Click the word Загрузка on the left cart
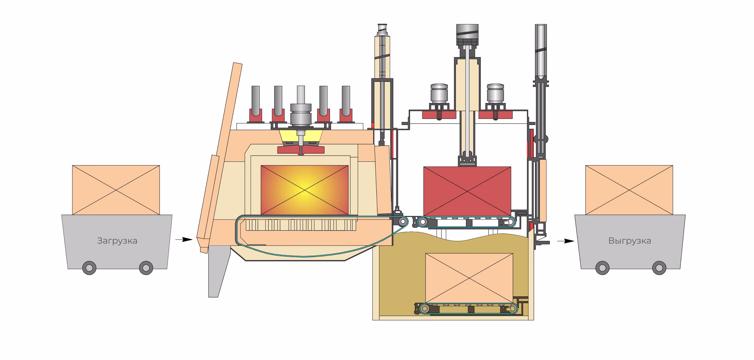click(117, 241)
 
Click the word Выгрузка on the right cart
click(629, 241)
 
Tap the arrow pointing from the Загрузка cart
click(184, 240)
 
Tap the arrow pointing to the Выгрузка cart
click(566, 241)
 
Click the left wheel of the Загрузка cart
click(89, 268)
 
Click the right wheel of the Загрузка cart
click(146, 268)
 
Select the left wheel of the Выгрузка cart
click(602, 268)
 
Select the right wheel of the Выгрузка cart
click(659, 268)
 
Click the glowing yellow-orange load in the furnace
click(305, 190)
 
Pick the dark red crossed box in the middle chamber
click(467, 192)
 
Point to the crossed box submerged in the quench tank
click(469, 278)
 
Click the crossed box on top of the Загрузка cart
click(116, 190)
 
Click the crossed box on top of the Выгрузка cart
click(629, 190)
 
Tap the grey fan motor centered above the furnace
click(301, 115)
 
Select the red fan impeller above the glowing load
click(301, 150)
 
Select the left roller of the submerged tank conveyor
click(424, 309)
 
